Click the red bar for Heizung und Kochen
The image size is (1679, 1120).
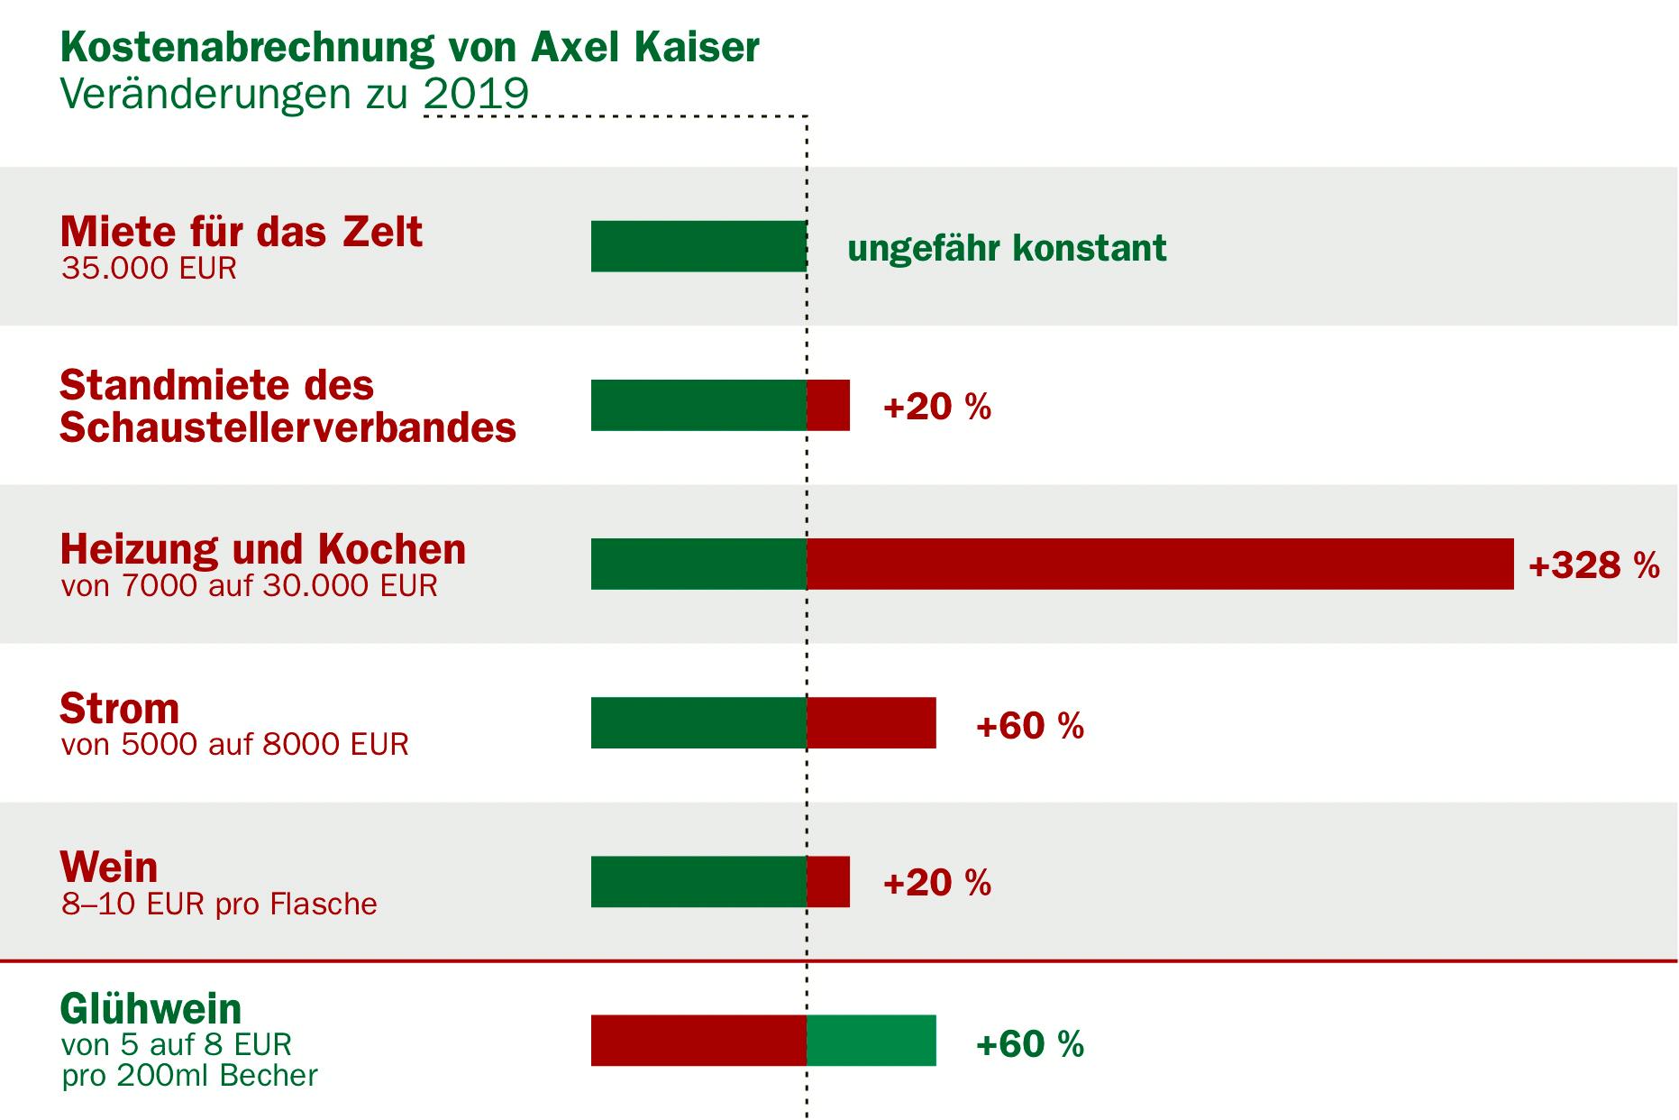click(1160, 564)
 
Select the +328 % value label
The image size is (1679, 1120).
click(1593, 565)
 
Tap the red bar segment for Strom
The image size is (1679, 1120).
click(871, 722)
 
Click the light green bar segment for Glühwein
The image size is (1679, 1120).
click(871, 1040)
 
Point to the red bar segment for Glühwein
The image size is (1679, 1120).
click(698, 1040)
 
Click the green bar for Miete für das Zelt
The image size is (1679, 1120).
click(698, 246)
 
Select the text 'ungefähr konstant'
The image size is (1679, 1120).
click(1007, 248)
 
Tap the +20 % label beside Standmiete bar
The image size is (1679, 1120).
click(937, 407)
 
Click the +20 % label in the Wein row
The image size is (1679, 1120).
click(937, 882)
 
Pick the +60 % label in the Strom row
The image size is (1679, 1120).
click(1029, 725)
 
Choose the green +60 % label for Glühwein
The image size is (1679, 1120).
click(1029, 1043)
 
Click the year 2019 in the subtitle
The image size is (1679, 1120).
click(476, 94)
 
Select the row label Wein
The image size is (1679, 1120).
click(109, 867)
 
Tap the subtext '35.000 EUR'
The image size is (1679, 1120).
click(149, 269)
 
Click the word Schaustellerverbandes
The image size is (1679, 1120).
click(287, 427)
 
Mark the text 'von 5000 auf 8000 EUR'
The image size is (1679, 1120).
click(234, 744)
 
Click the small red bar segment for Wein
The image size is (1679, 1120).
click(828, 881)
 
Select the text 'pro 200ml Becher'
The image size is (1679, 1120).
click(189, 1076)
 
